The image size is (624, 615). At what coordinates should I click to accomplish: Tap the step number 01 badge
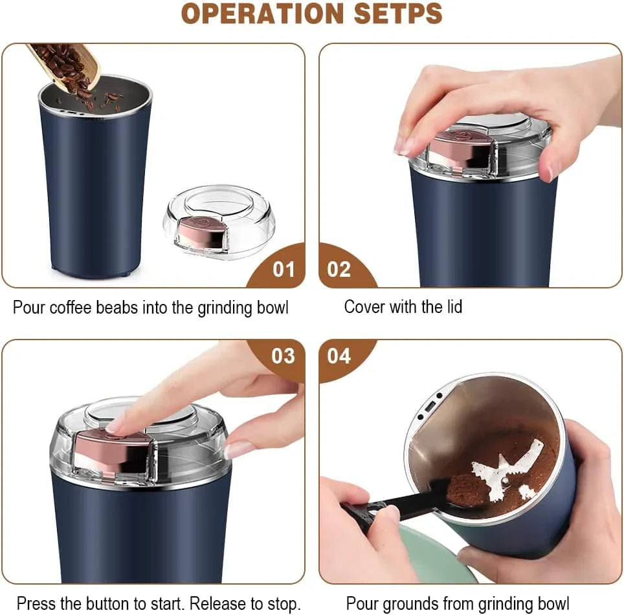pos(283,269)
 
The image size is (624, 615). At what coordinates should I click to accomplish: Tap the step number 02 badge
pos(339,269)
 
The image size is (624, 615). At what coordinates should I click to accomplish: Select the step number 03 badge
pos(283,356)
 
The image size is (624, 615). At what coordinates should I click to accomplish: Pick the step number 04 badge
pos(339,356)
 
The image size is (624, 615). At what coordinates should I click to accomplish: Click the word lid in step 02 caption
pos(452,307)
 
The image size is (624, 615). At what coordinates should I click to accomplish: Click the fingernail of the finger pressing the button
pos(117,424)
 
